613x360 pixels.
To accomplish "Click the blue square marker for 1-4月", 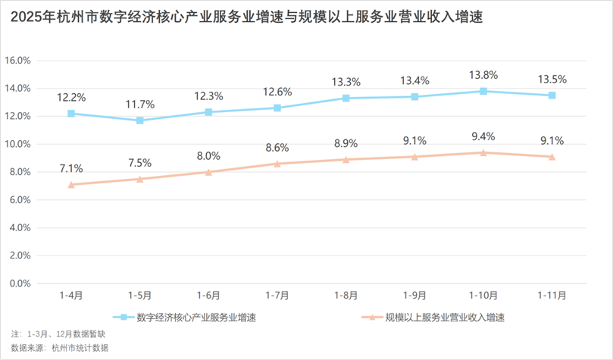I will [71, 114].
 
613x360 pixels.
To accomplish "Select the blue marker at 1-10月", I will [483, 91].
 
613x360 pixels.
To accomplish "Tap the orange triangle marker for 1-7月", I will [277, 164].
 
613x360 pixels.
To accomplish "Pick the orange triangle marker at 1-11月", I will [552, 157].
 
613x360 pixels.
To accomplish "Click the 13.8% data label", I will [483, 75].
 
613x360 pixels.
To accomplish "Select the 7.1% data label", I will [71, 168].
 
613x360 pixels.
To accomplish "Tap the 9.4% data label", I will [483, 136].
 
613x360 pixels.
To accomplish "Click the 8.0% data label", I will [208, 156].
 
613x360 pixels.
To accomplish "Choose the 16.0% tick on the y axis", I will [18, 61].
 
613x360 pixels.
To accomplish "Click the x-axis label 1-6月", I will [208, 296].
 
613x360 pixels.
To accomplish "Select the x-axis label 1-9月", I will [414, 296].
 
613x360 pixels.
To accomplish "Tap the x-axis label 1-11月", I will [552, 296].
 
